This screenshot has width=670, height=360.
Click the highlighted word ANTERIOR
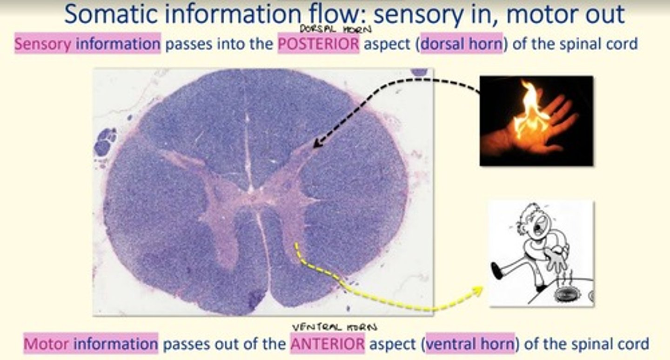click(x=328, y=344)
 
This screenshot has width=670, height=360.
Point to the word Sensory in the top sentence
click(x=43, y=45)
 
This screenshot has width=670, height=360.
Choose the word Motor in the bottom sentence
click(x=47, y=344)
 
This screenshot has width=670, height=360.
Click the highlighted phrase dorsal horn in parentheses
click(x=462, y=45)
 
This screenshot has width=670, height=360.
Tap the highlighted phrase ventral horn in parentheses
click(x=470, y=344)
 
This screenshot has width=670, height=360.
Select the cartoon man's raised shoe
click(x=496, y=271)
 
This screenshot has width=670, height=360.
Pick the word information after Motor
click(x=115, y=344)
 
